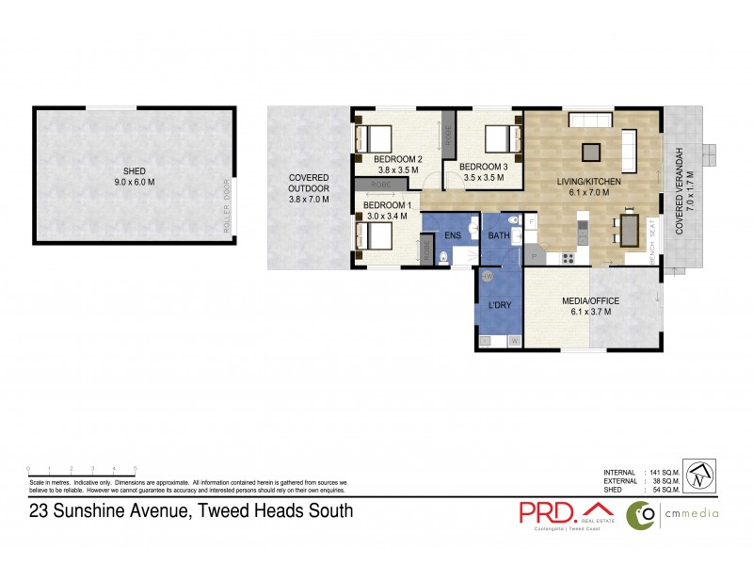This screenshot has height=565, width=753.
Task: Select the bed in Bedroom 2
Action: point(372,138)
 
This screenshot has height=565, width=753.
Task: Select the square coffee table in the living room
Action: point(590,151)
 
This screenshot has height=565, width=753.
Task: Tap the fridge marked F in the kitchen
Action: point(531,222)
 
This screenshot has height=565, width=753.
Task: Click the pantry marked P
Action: point(533,254)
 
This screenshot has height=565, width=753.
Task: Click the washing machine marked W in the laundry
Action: point(513,341)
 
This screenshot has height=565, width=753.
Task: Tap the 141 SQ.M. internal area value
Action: point(664,472)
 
